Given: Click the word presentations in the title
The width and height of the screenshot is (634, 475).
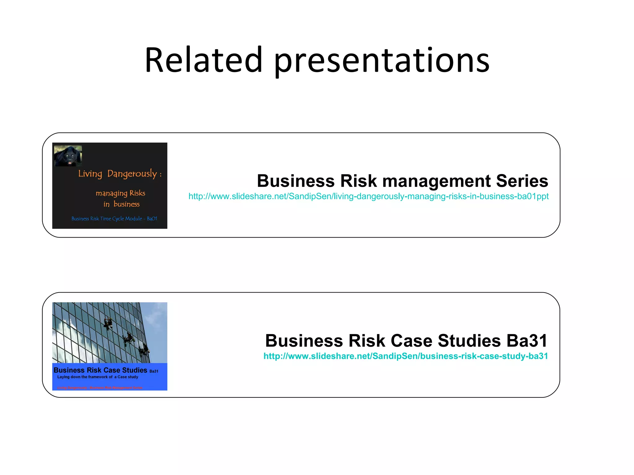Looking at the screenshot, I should point(381,61).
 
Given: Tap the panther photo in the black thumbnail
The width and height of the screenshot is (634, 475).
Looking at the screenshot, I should point(68,156).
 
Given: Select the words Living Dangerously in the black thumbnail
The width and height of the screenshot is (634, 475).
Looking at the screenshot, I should point(118,173).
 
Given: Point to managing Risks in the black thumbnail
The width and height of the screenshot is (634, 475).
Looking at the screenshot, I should point(120,193).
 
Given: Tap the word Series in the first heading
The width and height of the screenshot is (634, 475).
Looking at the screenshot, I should point(522,181).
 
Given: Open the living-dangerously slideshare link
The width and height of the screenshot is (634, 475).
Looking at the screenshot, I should point(368,196).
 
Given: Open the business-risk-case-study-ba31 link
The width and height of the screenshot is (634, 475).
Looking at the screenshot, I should point(406,356).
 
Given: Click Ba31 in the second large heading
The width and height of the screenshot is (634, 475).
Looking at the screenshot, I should point(527,341).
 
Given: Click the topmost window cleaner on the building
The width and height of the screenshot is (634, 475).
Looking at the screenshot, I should point(108,323).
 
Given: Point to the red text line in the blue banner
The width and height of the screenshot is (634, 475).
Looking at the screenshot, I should point(100,388).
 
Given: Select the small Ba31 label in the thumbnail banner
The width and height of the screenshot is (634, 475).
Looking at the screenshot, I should point(154,371).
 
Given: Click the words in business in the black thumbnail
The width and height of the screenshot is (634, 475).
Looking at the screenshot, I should point(121,204).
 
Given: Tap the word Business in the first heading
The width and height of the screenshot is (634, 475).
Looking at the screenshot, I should point(296,181).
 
